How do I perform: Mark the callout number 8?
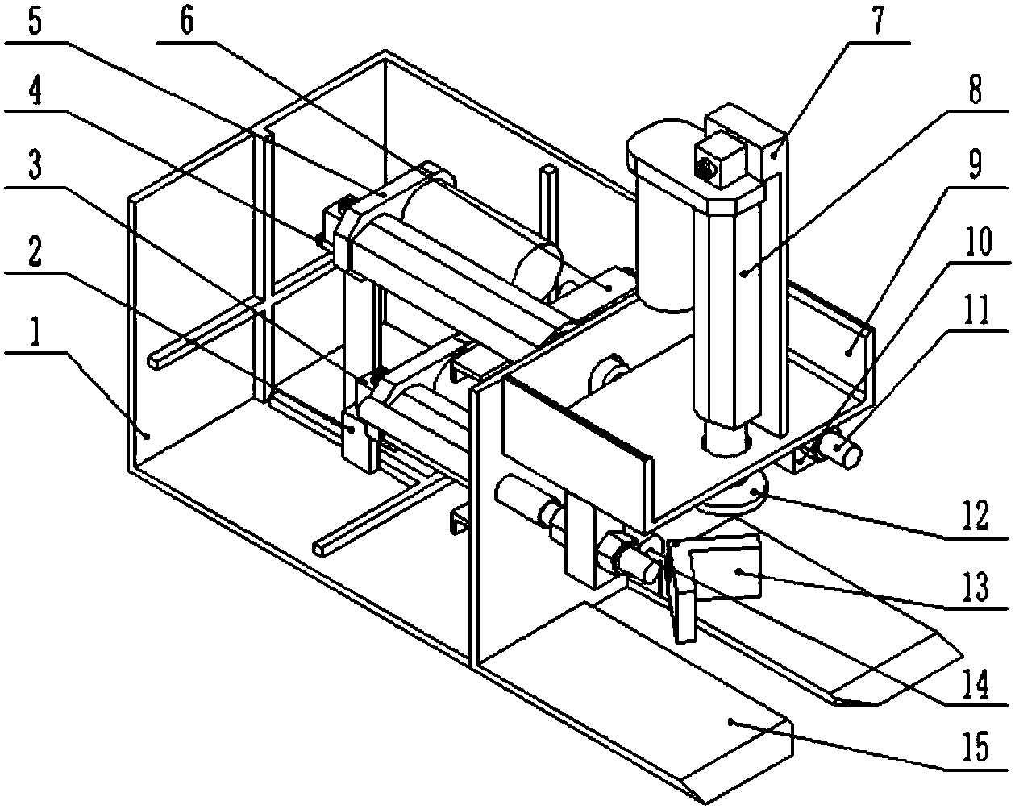(975, 93)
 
